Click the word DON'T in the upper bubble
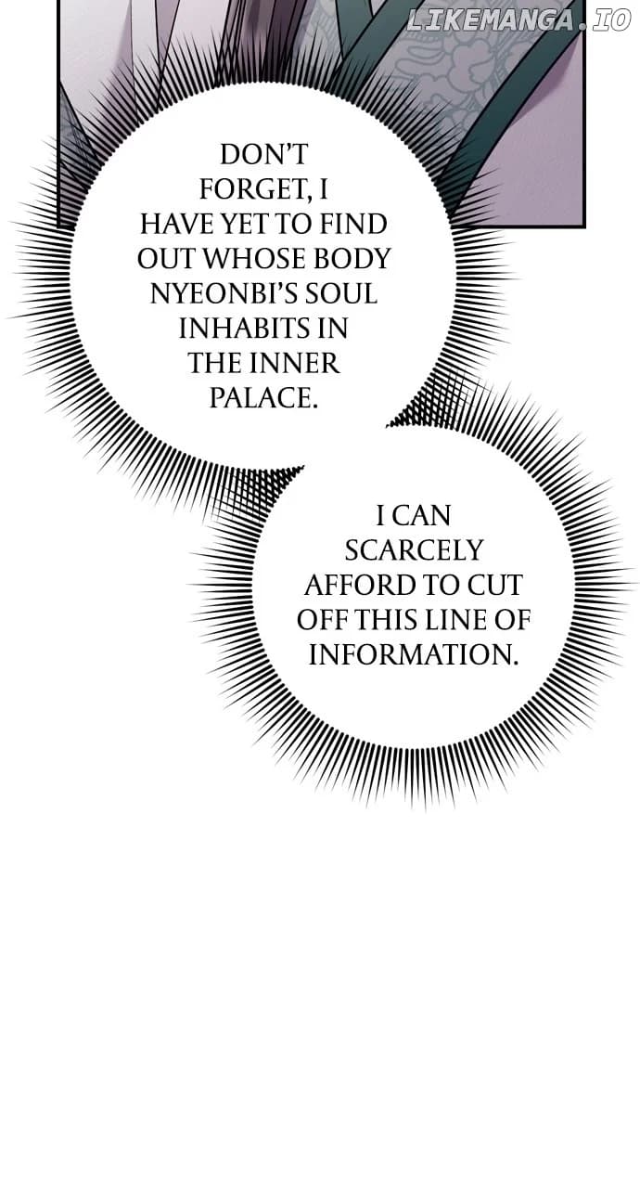(x=263, y=155)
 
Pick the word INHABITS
(x=241, y=329)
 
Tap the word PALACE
(x=263, y=398)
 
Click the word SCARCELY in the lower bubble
(x=414, y=550)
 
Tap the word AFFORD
(x=353, y=585)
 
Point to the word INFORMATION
(x=413, y=654)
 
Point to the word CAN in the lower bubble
(x=423, y=516)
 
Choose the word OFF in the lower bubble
(x=322, y=620)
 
